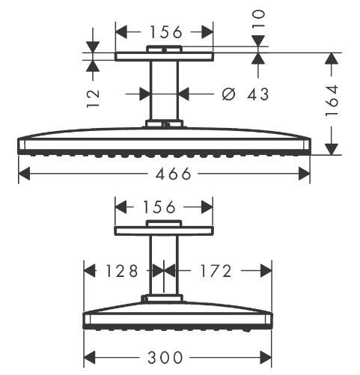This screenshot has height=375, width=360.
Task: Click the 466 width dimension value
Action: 163,174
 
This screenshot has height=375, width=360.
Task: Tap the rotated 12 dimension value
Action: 93,97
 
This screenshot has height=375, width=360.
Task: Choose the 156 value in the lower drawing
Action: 157,207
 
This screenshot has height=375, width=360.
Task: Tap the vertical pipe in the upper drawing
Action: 164,90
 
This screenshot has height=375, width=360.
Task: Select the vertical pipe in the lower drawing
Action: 164,266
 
